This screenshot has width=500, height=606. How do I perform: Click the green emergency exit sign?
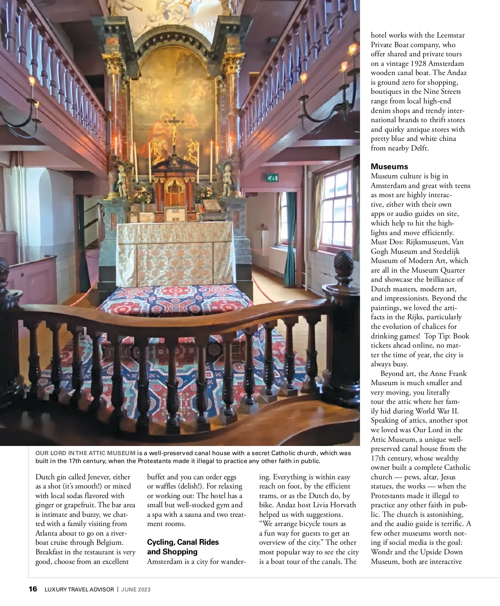pyautogui.click(x=272, y=178)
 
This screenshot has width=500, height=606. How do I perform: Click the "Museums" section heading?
pyautogui.click(x=389, y=167)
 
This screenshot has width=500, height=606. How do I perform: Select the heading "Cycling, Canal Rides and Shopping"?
pyautogui.click(x=183, y=547)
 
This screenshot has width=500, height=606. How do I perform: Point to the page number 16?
pyautogui.click(x=33, y=589)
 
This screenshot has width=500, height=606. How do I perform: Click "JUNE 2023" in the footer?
pyautogui.click(x=136, y=590)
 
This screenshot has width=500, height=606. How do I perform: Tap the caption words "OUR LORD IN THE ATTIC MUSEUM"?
pyautogui.click(x=85, y=453)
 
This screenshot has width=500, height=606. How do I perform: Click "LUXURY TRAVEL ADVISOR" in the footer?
pyautogui.click(x=79, y=590)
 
